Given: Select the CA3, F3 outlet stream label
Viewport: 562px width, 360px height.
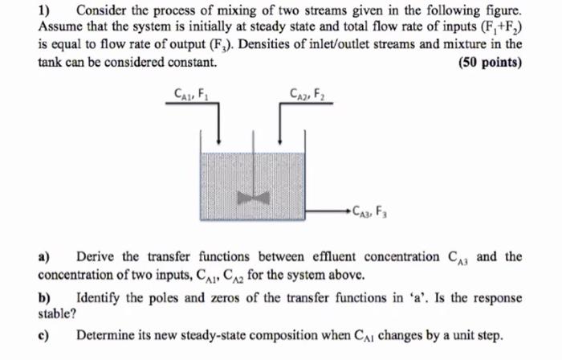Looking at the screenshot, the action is (x=368, y=212).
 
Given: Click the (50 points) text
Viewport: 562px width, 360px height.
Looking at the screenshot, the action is (x=490, y=63).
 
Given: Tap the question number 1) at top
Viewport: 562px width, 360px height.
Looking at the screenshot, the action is (x=46, y=11).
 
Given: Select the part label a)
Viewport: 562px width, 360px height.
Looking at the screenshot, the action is (x=45, y=257).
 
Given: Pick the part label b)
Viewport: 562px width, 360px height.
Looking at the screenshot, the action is (x=45, y=298).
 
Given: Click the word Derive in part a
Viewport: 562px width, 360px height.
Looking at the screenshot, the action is (x=96, y=257).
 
